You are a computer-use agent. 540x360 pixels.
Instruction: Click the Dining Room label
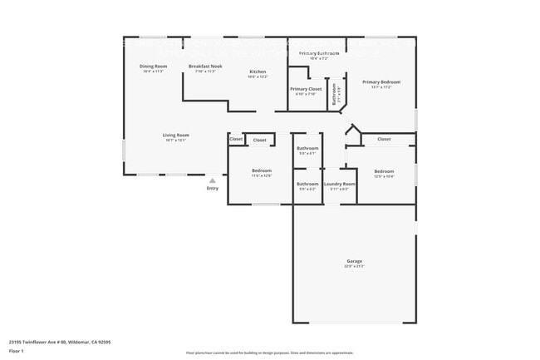(x=153, y=67)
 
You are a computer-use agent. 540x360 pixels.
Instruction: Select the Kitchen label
(x=258, y=72)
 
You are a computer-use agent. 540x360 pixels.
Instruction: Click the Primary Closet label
(x=305, y=89)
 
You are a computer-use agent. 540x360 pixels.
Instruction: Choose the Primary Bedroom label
(x=381, y=82)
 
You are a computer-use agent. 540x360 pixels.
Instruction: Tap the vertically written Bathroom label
(x=334, y=93)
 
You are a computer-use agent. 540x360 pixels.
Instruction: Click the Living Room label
(x=175, y=136)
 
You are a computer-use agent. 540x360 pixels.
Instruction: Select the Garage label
(x=355, y=262)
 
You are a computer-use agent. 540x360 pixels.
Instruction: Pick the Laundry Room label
(x=339, y=184)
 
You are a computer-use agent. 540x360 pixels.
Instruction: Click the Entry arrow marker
(x=213, y=180)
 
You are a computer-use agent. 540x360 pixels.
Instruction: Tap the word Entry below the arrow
(x=213, y=189)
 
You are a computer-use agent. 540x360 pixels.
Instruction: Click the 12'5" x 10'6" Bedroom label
(x=384, y=172)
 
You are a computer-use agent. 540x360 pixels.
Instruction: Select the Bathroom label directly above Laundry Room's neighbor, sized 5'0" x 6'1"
(x=307, y=150)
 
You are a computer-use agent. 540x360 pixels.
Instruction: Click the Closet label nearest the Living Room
(x=236, y=139)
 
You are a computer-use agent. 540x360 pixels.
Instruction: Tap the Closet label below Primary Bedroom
(x=384, y=139)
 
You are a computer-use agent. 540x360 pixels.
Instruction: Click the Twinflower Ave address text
(x=60, y=342)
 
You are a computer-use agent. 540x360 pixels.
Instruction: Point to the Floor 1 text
(x=17, y=352)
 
